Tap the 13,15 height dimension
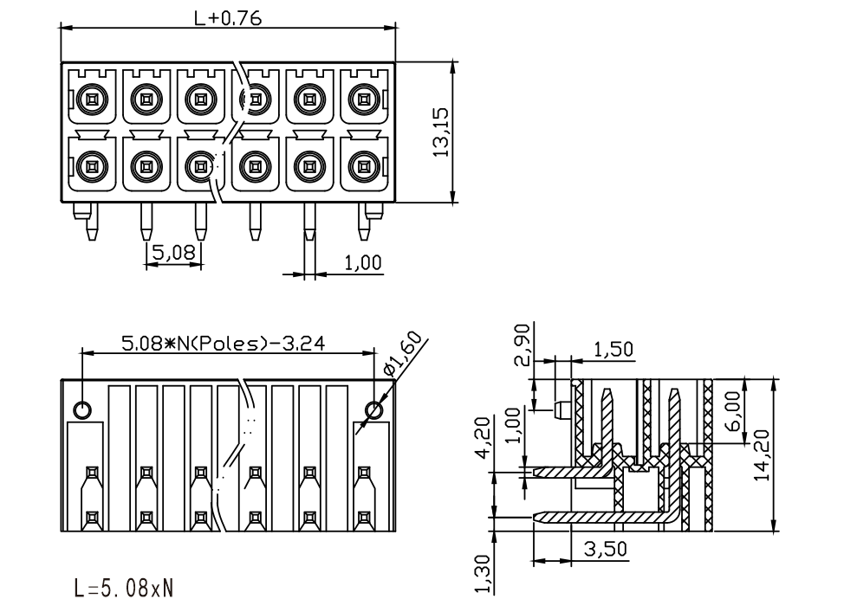coord(441,132)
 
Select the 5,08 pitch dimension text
coord(173,252)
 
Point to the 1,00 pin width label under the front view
coord(362,263)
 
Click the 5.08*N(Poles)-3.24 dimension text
coord(223,343)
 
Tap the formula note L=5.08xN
coord(123,589)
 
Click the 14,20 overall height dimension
coord(762,455)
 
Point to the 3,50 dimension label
coord(606,549)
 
